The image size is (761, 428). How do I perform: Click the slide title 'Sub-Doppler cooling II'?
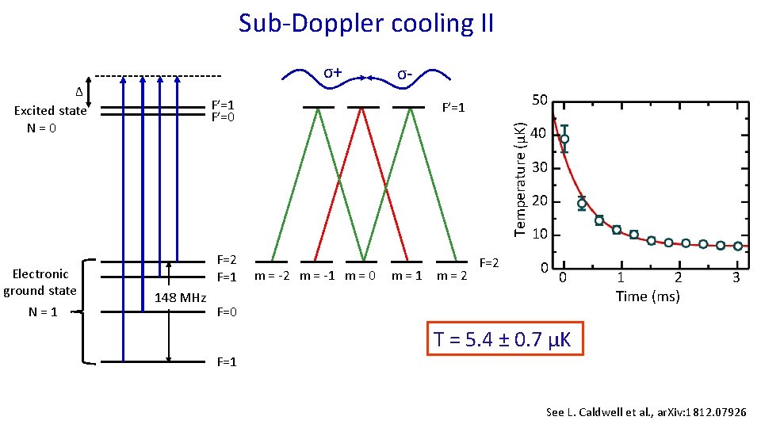(x=366, y=23)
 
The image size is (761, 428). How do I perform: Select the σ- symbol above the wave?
(x=404, y=74)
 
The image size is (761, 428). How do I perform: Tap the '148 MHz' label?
(x=181, y=298)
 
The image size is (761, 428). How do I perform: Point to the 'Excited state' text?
(x=50, y=111)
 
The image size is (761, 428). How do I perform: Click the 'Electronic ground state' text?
(x=40, y=282)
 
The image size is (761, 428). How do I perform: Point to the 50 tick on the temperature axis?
(x=539, y=100)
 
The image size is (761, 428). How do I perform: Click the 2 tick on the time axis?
(x=678, y=277)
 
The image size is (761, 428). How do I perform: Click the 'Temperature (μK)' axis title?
(x=520, y=178)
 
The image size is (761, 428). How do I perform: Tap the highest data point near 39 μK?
(x=564, y=139)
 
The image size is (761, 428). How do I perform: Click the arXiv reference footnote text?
(x=646, y=412)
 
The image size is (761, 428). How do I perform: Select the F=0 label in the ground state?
(x=228, y=311)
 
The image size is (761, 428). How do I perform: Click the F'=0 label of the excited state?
(x=221, y=117)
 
